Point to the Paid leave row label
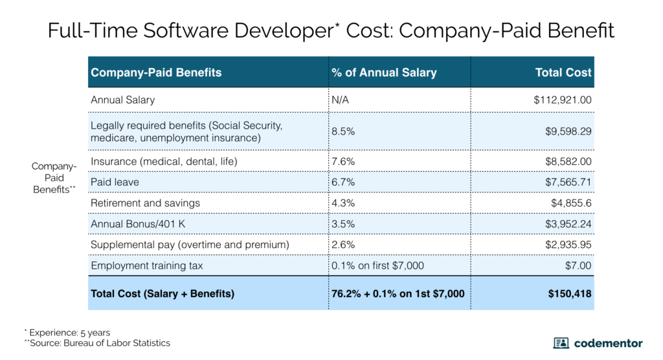click(115, 182)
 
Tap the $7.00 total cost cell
click(578, 265)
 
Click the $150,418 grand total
click(569, 293)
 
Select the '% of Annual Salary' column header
click(384, 73)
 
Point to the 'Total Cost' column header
click(563, 73)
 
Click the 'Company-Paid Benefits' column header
click(156, 73)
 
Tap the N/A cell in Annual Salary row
click(341, 100)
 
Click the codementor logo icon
click(561, 343)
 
